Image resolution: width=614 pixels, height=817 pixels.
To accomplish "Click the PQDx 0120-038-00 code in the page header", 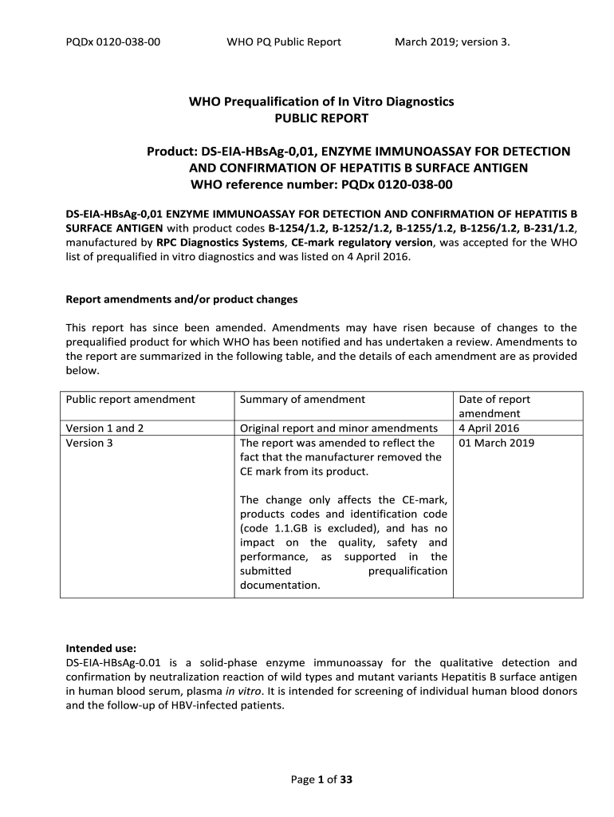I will click(x=112, y=41).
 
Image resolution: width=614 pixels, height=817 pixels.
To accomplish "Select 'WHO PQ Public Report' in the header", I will click(x=284, y=41).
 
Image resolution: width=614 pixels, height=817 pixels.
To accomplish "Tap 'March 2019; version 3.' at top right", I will click(x=452, y=41).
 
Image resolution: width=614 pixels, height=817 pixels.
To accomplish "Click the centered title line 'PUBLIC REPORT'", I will click(x=321, y=118).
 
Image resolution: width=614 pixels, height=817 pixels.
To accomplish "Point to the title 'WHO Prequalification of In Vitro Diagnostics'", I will click(x=321, y=101).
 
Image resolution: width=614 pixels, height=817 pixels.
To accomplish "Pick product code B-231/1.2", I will click(x=547, y=229).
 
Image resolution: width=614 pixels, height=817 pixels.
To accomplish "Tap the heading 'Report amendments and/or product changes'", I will click(x=181, y=300).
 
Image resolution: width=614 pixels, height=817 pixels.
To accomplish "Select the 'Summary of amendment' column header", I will click(x=302, y=400).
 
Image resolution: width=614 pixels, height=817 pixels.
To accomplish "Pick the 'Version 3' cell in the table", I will click(x=89, y=443).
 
